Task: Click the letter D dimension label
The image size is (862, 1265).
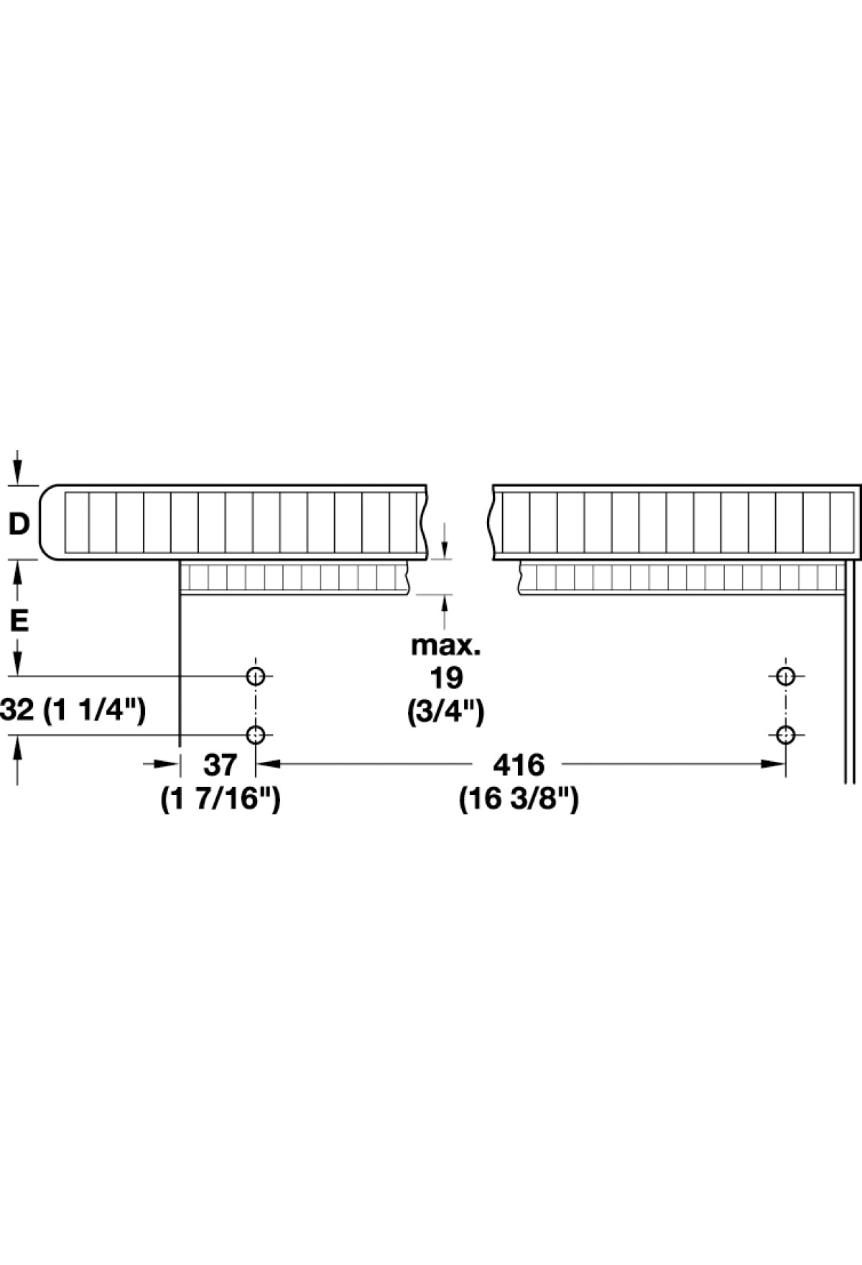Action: [x=19, y=524]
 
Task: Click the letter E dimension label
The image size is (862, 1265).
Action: [x=19, y=620]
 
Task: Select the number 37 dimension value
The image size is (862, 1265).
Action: [x=220, y=765]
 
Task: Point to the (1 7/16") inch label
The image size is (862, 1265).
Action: [x=220, y=799]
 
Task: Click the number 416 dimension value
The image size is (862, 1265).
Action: [x=519, y=765]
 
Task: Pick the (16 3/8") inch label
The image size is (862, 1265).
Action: [x=519, y=799]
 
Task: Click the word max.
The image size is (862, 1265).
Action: [x=445, y=645]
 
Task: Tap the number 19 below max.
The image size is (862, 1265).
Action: [x=445, y=678]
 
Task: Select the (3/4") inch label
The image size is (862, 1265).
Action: [x=445, y=712]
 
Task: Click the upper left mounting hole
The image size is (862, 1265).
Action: [x=255, y=676]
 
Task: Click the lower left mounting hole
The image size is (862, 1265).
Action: [x=255, y=735]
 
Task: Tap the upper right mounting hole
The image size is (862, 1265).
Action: [x=786, y=676]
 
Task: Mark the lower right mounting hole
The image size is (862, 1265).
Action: [x=786, y=735]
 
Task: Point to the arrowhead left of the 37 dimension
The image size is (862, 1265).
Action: [x=166, y=765]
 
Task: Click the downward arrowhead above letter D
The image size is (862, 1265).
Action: [x=19, y=474]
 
